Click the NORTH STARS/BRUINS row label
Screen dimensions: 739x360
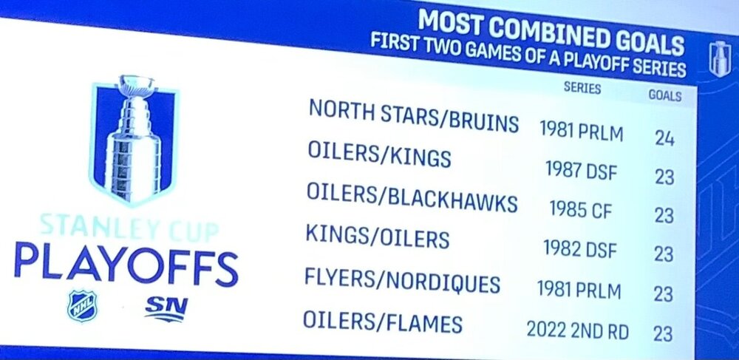pos(414,116)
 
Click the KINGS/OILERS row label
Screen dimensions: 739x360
pos(377,237)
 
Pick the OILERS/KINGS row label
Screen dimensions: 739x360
pos(379,154)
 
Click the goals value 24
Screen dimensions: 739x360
pos(664,138)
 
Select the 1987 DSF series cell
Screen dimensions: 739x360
pos(582,171)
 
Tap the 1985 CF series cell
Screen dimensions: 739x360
pos(581,209)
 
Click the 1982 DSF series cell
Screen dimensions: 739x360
pos(579,249)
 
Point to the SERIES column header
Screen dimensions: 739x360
pos(582,88)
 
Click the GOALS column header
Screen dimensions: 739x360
pos(665,95)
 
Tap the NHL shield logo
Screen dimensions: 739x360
pos(82,306)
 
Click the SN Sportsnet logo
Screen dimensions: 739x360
pos(166,309)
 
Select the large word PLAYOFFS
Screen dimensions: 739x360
pos(126,265)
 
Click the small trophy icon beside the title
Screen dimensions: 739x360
pos(720,59)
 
